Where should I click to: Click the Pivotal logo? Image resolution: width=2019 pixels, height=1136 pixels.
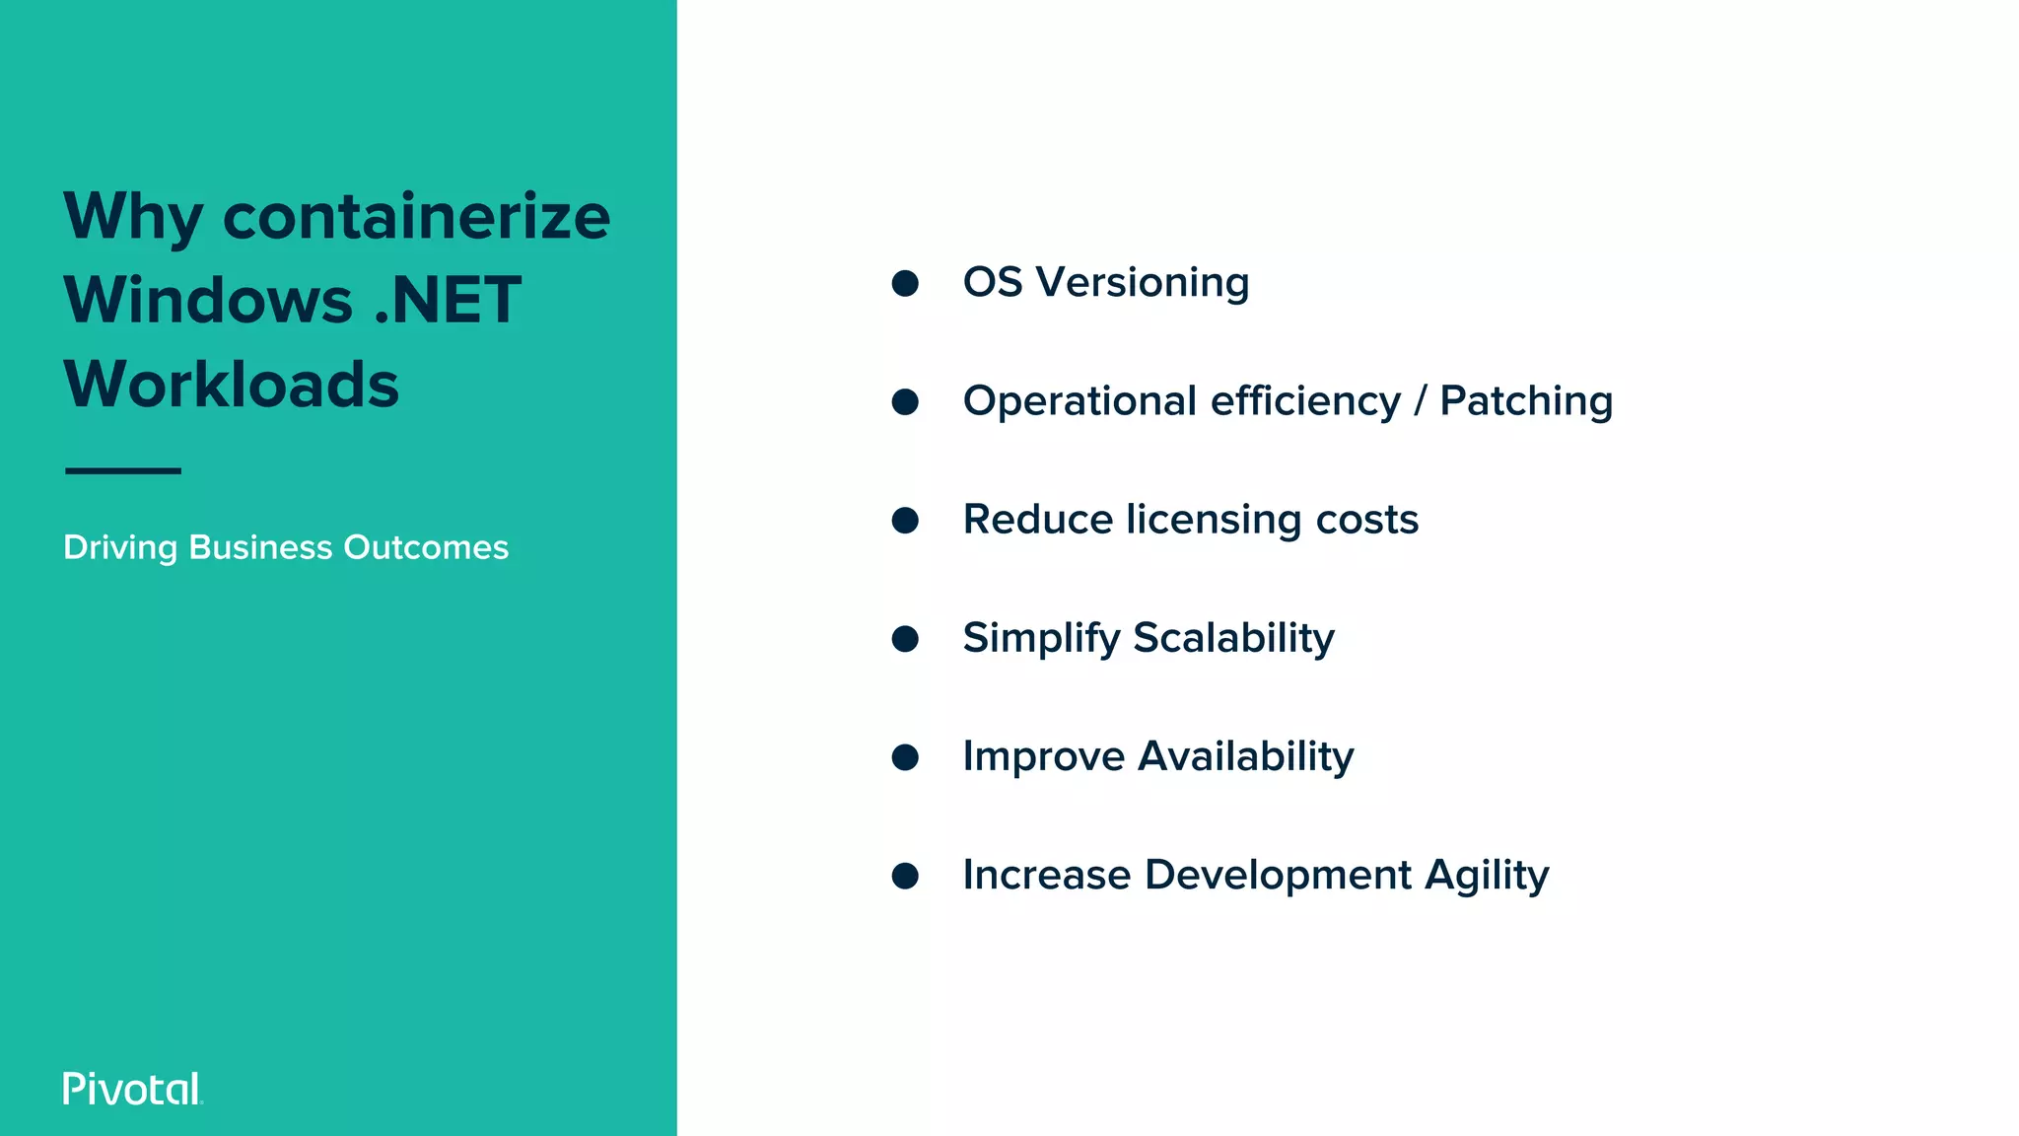coord(132,1089)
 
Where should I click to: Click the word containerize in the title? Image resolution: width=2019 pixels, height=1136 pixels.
coord(416,216)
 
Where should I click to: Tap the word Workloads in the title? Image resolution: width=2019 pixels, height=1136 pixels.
coord(232,384)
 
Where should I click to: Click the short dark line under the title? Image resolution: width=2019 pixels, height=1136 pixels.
coord(123,470)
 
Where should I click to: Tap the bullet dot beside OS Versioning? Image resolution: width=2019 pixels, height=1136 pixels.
coord(905,284)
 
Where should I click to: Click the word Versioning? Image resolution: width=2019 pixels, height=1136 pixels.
coord(1143,282)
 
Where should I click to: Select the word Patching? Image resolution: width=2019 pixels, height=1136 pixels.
coord(1525,401)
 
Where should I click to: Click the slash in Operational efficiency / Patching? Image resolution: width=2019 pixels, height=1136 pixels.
coord(1420,401)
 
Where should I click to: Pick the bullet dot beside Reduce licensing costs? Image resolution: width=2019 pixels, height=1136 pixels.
coord(905,521)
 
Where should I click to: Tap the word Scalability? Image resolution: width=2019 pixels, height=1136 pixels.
coord(1233,638)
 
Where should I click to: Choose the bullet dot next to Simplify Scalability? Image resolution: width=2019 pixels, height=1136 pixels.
coord(905,639)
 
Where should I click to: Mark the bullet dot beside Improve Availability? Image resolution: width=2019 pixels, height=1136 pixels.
coord(905,757)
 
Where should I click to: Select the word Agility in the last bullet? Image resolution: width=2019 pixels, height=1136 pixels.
coord(1487,876)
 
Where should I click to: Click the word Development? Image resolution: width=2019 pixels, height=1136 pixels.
coord(1278,875)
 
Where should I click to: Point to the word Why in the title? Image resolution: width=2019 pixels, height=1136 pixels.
coord(133,218)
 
